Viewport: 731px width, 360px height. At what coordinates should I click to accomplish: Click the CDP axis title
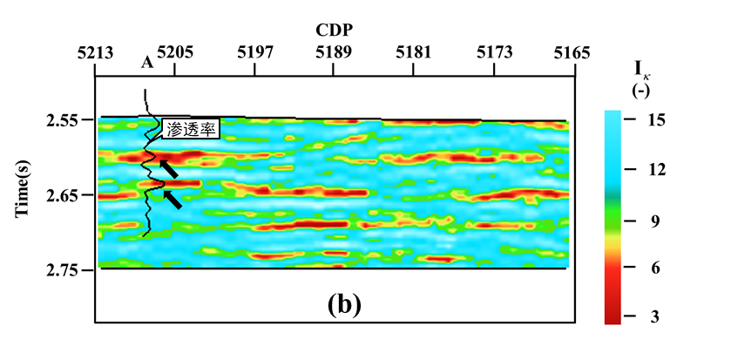coord(335,29)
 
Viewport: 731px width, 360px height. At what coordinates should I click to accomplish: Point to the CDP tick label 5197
coord(254,52)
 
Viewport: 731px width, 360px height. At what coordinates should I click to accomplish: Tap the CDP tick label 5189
coord(334,52)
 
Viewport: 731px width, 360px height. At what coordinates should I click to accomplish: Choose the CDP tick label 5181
coord(414,52)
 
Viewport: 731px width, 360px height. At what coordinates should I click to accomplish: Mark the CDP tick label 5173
coord(494,52)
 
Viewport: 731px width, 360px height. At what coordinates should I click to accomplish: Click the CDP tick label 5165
coord(573,52)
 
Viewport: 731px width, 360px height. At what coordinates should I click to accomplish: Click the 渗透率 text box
coord(192,127)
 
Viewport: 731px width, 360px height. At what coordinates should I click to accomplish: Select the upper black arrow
coord(168,168)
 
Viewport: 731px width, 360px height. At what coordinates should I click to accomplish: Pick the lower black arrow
coord(173,200)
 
